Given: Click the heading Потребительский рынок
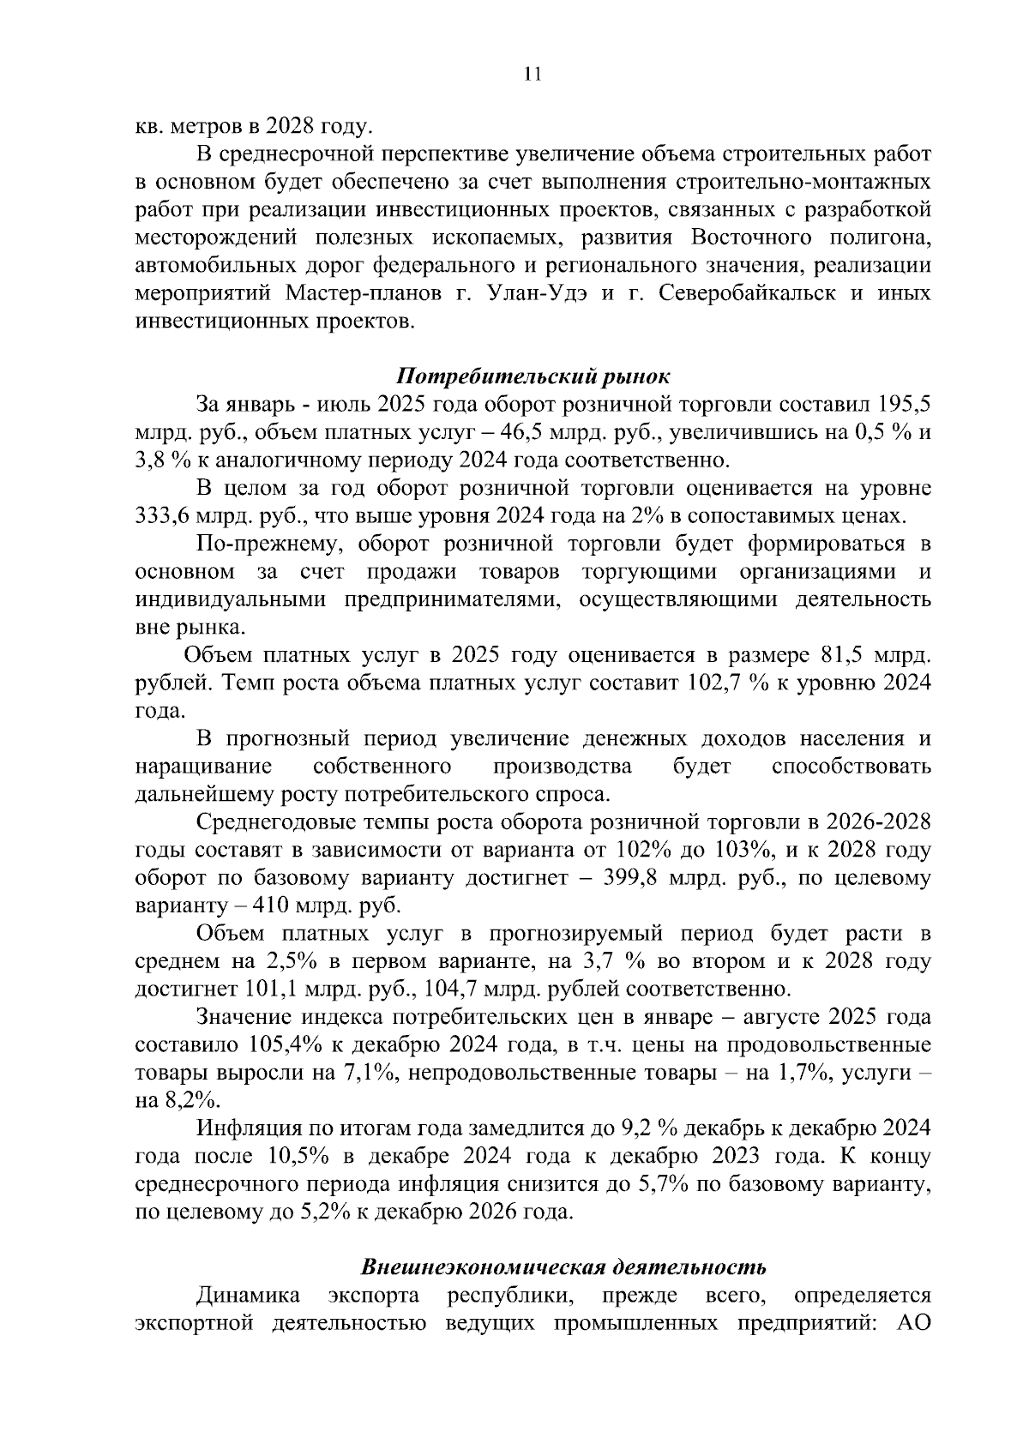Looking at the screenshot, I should (532, 376).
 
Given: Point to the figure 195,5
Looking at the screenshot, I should (904, 404).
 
